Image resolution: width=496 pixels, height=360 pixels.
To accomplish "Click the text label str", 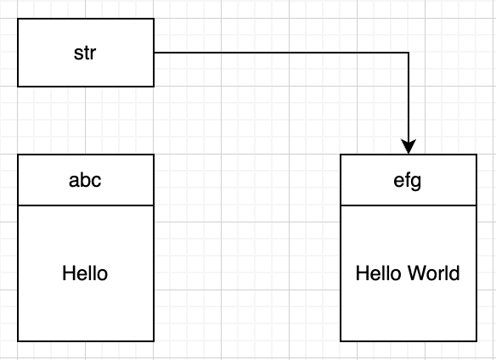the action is pos(84,53).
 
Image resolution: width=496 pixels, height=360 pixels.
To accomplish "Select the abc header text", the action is pos(85,180).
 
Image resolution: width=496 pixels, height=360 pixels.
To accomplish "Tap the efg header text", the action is pos(408,181).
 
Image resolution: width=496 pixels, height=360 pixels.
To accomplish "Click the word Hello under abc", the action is pos(85,273).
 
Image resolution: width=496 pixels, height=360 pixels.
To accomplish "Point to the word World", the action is pos(434,273).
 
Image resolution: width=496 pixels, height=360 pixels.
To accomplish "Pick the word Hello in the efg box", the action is pos(379,273).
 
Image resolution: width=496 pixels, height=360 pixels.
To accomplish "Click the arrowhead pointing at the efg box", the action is pos(409,147).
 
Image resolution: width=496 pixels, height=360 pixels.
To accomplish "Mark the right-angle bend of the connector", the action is pos(409,53).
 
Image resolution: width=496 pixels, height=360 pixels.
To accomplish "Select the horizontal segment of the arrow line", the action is pos(281,53).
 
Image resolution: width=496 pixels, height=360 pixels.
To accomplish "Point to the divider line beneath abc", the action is pos(86,205).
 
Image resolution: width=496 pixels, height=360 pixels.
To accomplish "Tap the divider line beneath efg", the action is pos(409,205).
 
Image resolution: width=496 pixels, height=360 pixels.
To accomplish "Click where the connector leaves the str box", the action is pos(154,53).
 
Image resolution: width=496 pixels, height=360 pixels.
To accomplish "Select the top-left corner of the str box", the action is pos(18,19).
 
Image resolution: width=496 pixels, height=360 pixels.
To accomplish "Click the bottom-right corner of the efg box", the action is pos(476,341).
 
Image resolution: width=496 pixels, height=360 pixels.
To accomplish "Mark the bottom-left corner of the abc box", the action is pos(18,341).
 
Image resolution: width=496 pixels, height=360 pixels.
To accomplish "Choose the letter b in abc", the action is pos(85,180).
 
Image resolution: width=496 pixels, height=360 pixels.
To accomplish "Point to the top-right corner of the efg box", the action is pos(476,155).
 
